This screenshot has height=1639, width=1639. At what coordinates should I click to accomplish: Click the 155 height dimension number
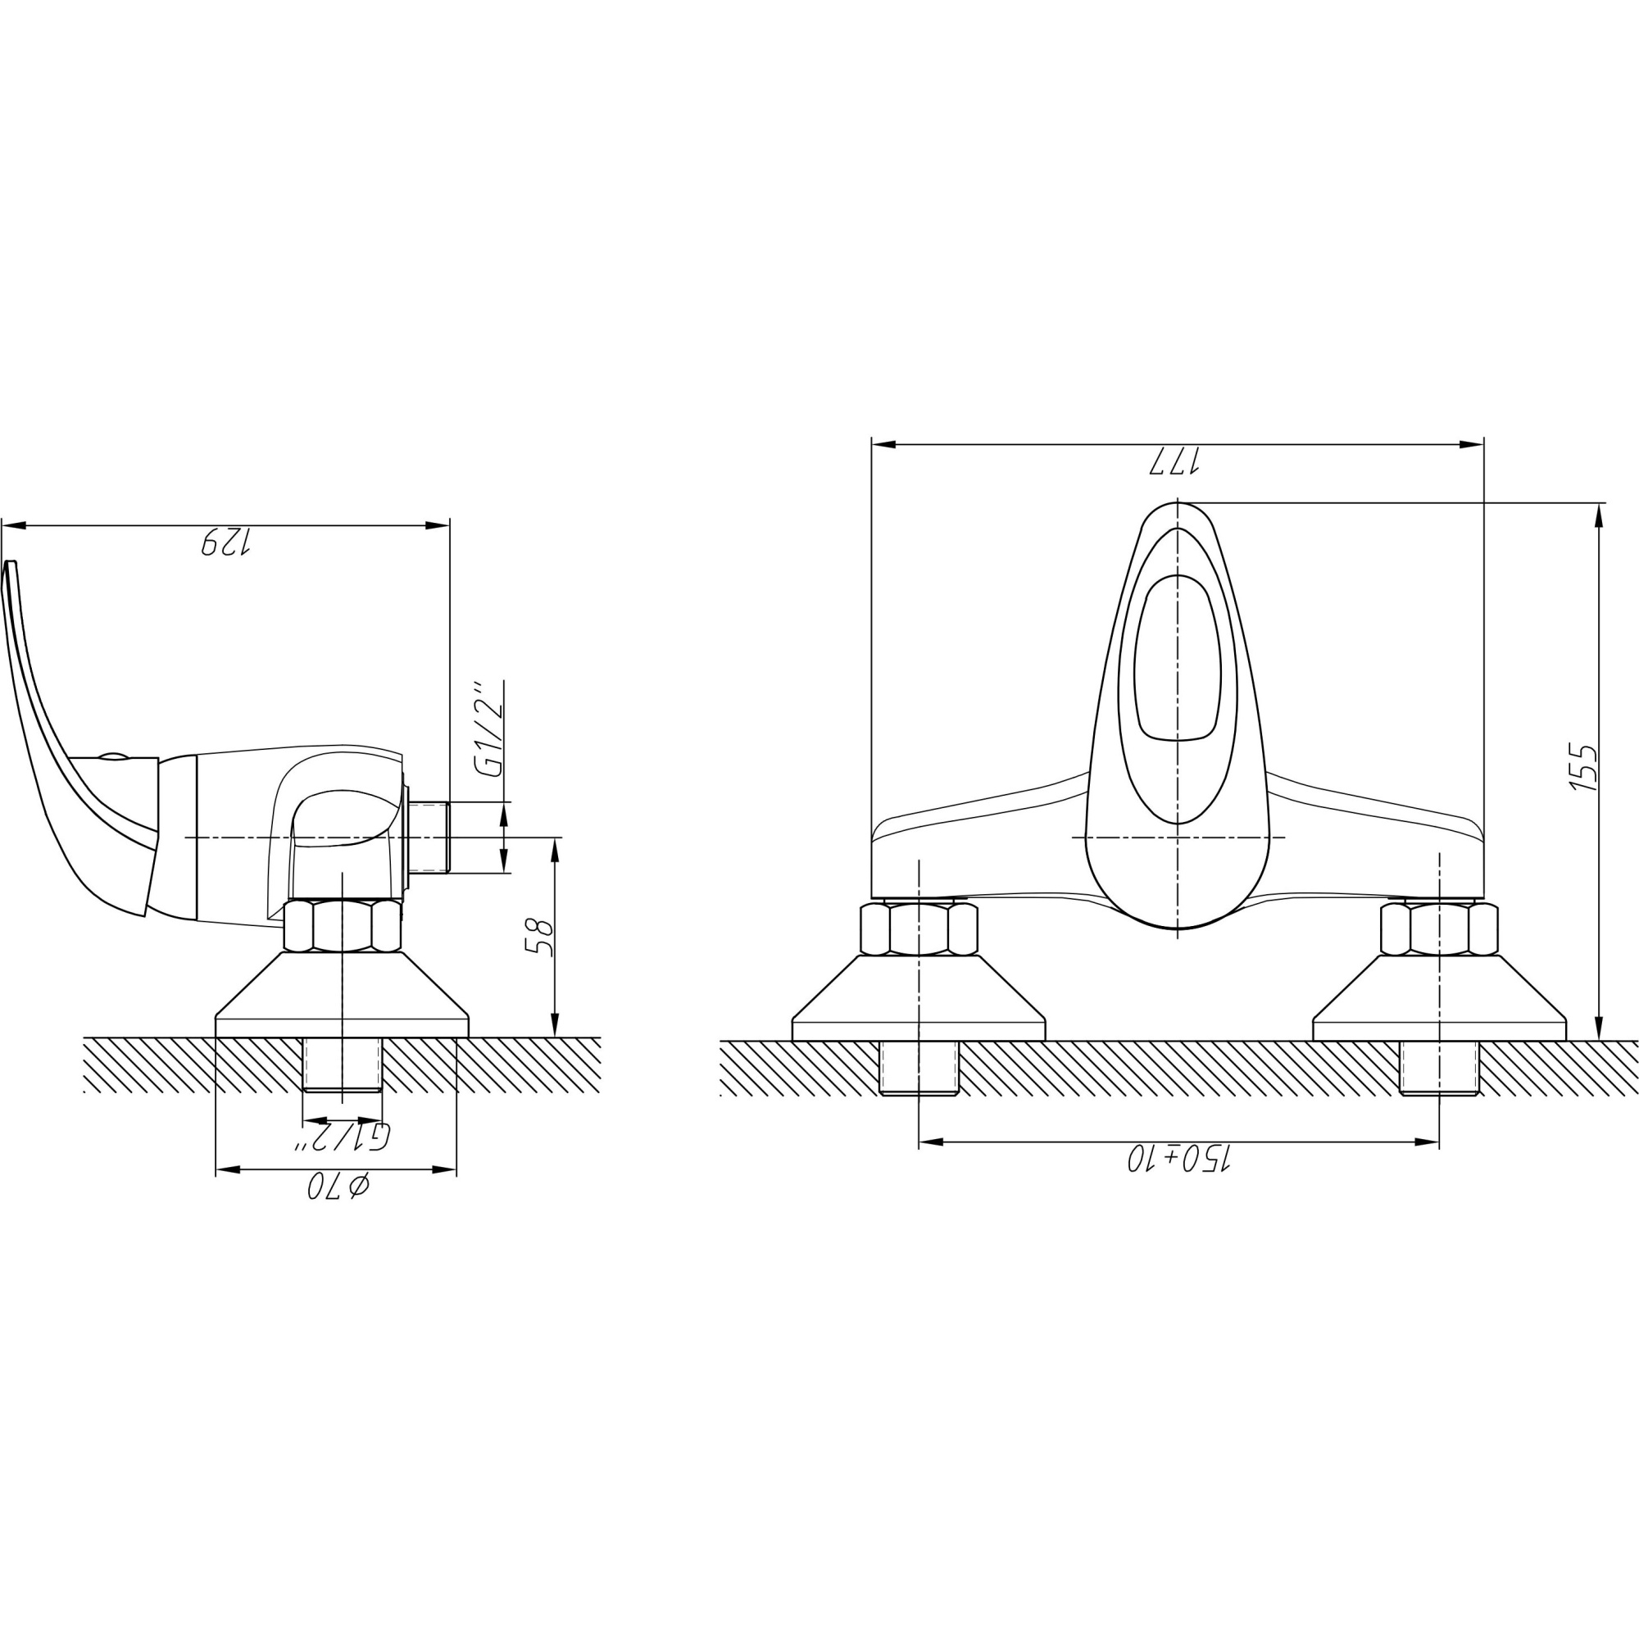[x=1583, y=768]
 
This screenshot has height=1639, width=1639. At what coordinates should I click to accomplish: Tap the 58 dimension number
[x=539, y=937]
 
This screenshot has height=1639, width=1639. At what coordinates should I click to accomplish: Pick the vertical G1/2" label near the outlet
[x=490, y=728]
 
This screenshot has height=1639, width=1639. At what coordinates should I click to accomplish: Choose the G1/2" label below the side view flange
[x=342, y=1137]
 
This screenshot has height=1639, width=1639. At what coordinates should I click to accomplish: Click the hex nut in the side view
[x=343, y=925]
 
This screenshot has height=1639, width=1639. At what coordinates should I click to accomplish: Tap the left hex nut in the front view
[x=919, y=929]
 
